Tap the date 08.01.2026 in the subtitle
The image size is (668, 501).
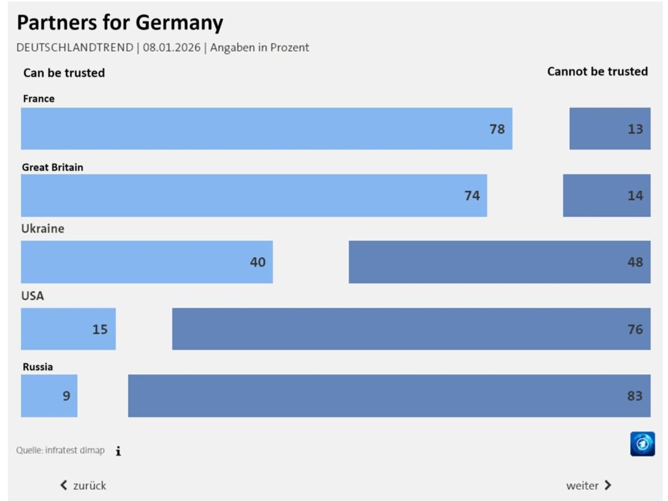point(171,47)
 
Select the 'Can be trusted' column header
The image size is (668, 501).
point(64,73)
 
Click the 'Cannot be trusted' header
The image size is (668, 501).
point(597,72)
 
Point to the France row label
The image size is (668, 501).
point(38,99)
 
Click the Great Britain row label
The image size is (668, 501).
point(52,167)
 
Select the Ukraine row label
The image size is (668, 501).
point(43,229)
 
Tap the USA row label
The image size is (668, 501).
point(32,296)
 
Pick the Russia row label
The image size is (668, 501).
point(38,367)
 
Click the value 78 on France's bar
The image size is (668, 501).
point(497,129)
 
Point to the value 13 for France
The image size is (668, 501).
point(636,129)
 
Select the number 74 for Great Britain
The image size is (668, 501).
point(472,196)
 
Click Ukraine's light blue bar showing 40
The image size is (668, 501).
point(147,262)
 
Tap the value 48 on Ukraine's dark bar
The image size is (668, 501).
point(636,262)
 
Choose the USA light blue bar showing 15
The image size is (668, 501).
point(68,329)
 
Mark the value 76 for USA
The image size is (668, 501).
point(636,329)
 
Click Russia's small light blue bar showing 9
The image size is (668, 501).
point(49,396)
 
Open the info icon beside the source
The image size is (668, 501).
point(119,451)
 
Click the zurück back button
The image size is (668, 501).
point(83,485)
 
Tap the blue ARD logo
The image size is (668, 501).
point(642,444)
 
